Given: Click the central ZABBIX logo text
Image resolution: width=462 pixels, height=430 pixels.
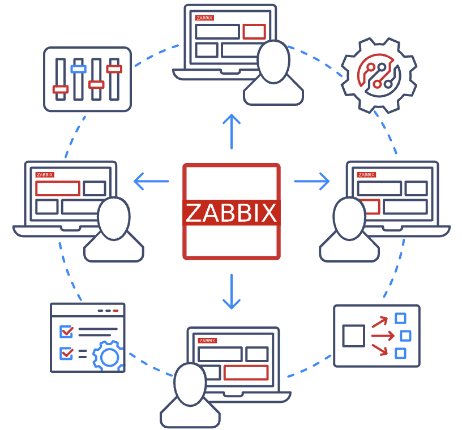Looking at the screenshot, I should (x=231, y=212).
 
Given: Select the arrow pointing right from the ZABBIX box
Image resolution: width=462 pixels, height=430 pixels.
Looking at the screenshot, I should (x=312, y=181).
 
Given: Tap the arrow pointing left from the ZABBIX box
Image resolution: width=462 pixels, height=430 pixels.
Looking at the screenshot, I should (x=151, y=182).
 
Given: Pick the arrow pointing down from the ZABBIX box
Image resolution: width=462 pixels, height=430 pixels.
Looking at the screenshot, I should (x=231, y=291).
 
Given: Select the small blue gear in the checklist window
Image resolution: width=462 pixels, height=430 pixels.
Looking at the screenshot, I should (x=107, y=355).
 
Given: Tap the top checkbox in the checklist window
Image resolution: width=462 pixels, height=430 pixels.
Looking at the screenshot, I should (x=66, y=331).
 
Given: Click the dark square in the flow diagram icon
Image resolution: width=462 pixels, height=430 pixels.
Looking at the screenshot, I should (x=354, y=336).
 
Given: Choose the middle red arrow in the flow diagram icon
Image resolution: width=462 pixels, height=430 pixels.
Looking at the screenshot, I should (x=383, y=336).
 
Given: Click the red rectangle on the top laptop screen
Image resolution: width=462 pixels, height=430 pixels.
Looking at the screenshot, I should (x=254, y=31).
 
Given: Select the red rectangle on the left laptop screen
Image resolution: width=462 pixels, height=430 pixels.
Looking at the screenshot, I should (x=57, y=188).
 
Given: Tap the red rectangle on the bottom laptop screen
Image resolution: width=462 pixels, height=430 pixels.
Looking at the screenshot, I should (x=246, y=372).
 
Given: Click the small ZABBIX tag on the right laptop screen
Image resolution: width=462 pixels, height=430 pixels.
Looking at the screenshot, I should (x=366, y=174).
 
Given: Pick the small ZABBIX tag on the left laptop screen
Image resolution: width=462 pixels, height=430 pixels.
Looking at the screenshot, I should (x=44, y=174).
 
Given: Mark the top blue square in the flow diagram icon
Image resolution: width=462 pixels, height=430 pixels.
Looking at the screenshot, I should (x=401, y=319).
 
